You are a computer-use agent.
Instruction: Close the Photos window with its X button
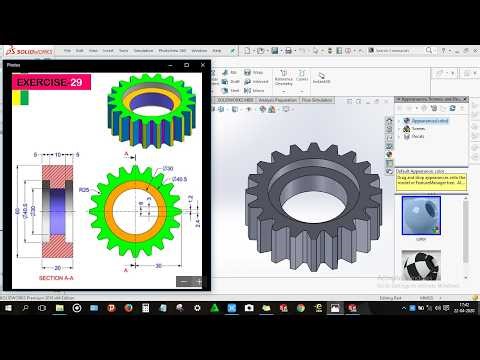[x=205, y=64]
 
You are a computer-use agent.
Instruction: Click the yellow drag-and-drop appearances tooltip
[x=429, y=179]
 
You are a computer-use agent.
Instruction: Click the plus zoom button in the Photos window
[x=197, y=281]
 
